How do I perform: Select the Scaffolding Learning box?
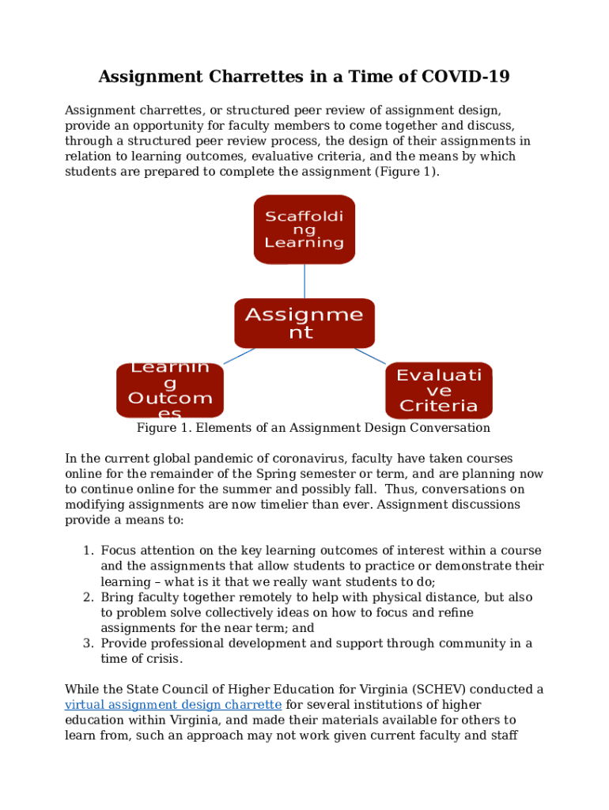pyautogui.click(x=304, y=229)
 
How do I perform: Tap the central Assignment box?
pyautogui.click(x=304, y=324)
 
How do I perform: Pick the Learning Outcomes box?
pyautogui.click(x=169, y=390)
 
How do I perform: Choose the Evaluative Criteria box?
pyautogui.click(x=438, y=390)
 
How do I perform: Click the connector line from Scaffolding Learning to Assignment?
pyautogui.click(x=304, y=281)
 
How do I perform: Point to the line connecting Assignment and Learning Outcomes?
pyautogui.click(x=239, y=356)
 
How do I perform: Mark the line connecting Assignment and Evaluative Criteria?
pyautogui.click(x=369, y=356)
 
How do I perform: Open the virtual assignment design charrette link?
pyautogui.click(x=172, y=705)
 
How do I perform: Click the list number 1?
pyautogui.click(x=88, y=551)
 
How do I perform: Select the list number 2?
pyautogui.click(x=88, y=597)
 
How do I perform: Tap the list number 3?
pyautogui.click(x=88, y=644)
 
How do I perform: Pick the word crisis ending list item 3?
pyautogui.click(x=163, y=659)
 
